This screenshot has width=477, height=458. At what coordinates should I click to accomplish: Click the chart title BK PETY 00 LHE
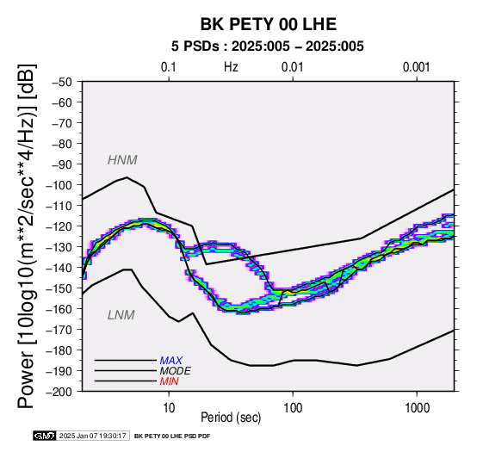tap(269, 24)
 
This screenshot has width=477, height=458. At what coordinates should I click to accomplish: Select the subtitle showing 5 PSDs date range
tap(268, 46)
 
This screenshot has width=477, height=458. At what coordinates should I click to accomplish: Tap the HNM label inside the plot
tap(122, 160)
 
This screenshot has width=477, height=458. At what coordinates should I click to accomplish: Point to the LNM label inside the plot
tap(121, 315)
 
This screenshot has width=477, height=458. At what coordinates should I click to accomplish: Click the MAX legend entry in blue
tap(171, 361)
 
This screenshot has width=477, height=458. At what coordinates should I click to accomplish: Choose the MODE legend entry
tap(176, 371)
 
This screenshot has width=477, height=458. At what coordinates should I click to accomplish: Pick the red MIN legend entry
tap(169, 381)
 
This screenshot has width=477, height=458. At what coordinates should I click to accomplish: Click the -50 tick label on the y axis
tap(62, 82)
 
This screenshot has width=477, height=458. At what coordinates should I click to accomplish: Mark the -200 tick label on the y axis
tap(59, 392)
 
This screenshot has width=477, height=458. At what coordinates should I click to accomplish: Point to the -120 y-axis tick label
tap(59, 226)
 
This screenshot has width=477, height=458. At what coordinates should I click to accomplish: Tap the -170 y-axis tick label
tap(59, 330)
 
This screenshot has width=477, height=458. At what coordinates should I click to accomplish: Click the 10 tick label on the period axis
tap(169, 408)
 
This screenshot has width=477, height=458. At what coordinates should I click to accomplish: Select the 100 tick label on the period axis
tap(293, 408)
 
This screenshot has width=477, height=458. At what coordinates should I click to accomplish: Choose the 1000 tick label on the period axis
tap(417, 408)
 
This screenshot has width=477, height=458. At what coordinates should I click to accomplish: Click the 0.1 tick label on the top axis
tap(169, 67)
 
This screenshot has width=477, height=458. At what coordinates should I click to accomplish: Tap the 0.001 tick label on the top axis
tap(417, 67)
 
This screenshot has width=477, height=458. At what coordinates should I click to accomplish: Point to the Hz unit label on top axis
tap(231, 67)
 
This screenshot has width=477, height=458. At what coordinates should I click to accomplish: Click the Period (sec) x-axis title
tap(231, 418)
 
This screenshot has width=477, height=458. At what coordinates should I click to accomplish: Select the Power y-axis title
tap(27, 236)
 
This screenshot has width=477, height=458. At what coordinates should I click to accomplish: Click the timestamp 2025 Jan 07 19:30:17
tap(92, 436)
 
